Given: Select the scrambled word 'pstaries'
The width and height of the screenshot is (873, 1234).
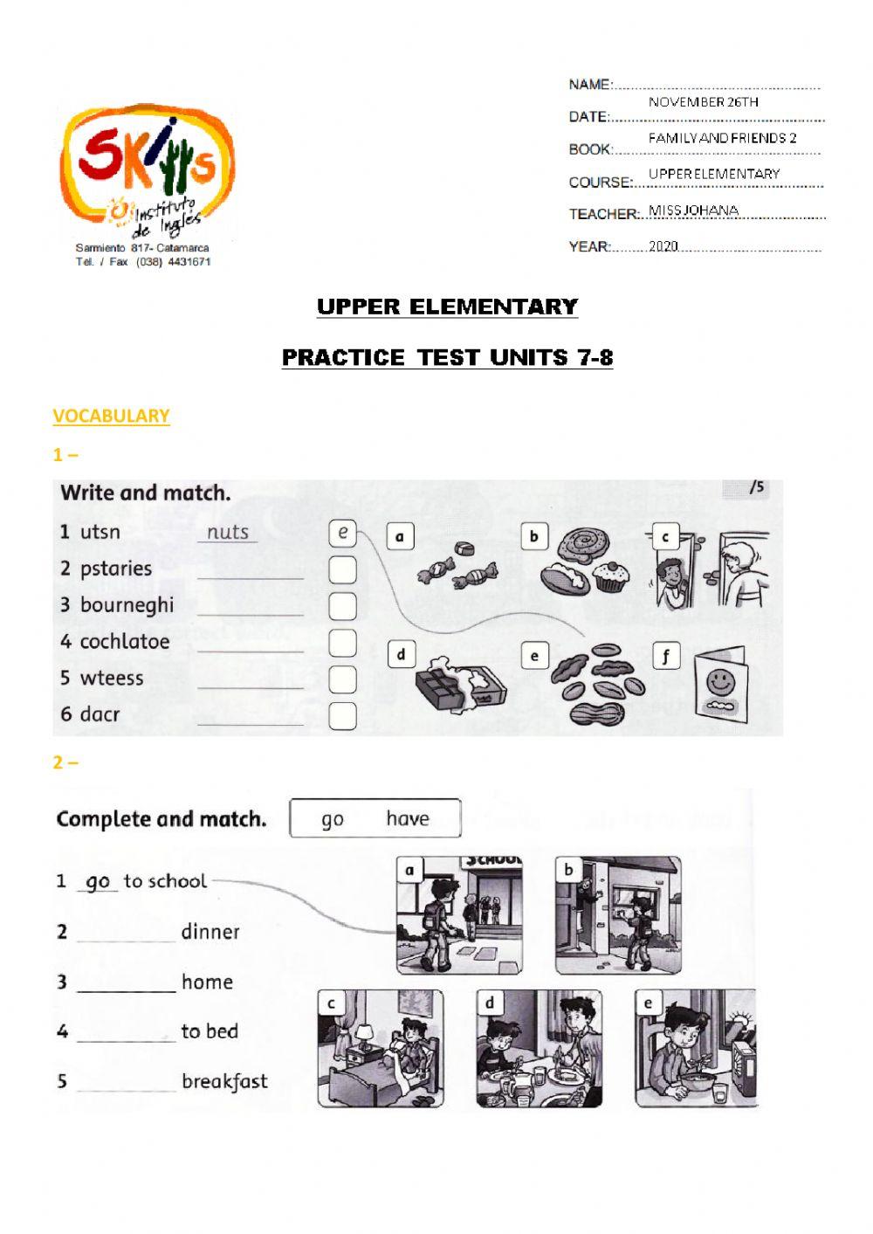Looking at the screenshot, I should click(x=115, y=569).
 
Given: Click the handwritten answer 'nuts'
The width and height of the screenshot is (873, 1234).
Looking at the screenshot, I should click(x=228, y=532).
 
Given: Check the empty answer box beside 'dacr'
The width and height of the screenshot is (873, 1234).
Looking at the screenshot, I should click(x=342, y=716).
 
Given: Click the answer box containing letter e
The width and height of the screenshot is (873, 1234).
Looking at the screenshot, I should click(x=343, y=532).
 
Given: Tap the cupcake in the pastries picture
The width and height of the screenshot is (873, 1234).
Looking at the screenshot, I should click(x=610, y=576).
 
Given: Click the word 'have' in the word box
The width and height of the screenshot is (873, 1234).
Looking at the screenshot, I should click(x=407, y=818).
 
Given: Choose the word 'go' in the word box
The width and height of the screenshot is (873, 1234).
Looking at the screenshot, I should click(x=333, y=819).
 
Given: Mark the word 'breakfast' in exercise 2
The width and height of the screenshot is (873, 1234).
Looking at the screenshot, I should click(x=224, y=1081).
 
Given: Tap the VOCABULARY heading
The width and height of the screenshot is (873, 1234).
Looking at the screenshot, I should click(x=111, y=416).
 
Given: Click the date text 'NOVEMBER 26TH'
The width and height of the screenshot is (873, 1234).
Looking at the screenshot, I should click(x=703, y=102).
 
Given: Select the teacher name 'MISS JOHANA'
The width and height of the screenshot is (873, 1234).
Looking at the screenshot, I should click(x=693, y=210).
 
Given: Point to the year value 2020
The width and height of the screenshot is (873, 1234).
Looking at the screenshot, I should click(x=663, y=246).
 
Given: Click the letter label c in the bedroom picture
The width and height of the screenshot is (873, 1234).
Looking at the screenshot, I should click(x=331, y=1003).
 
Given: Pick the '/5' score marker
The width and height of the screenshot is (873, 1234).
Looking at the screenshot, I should click(x=756, y=487).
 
